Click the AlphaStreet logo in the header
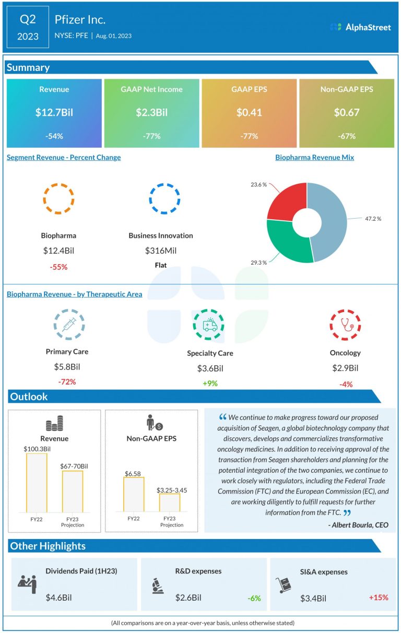pyautogui.click(x=360, y=27)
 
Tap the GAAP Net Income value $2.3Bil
pyautogui.click(x=151, y=112)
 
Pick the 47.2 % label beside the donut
pyautogui.click(x=372, y=219)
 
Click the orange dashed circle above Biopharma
pyautogui.click(x=58, y=198)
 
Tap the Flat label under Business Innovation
pyautogui.click(x=161, y=265)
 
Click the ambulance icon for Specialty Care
pyautogui.click(x=210, y=325)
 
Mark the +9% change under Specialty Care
pyautogui.click(x=210, y=384)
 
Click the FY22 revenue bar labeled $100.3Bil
pyautogui.click(x=37, y=483)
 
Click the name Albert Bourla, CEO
pyautogui.click(x=359, y=525)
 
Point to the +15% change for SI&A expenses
pyautogui.click(x=378, y=597)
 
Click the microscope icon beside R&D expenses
pyautogui.click(x=155, y=586)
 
